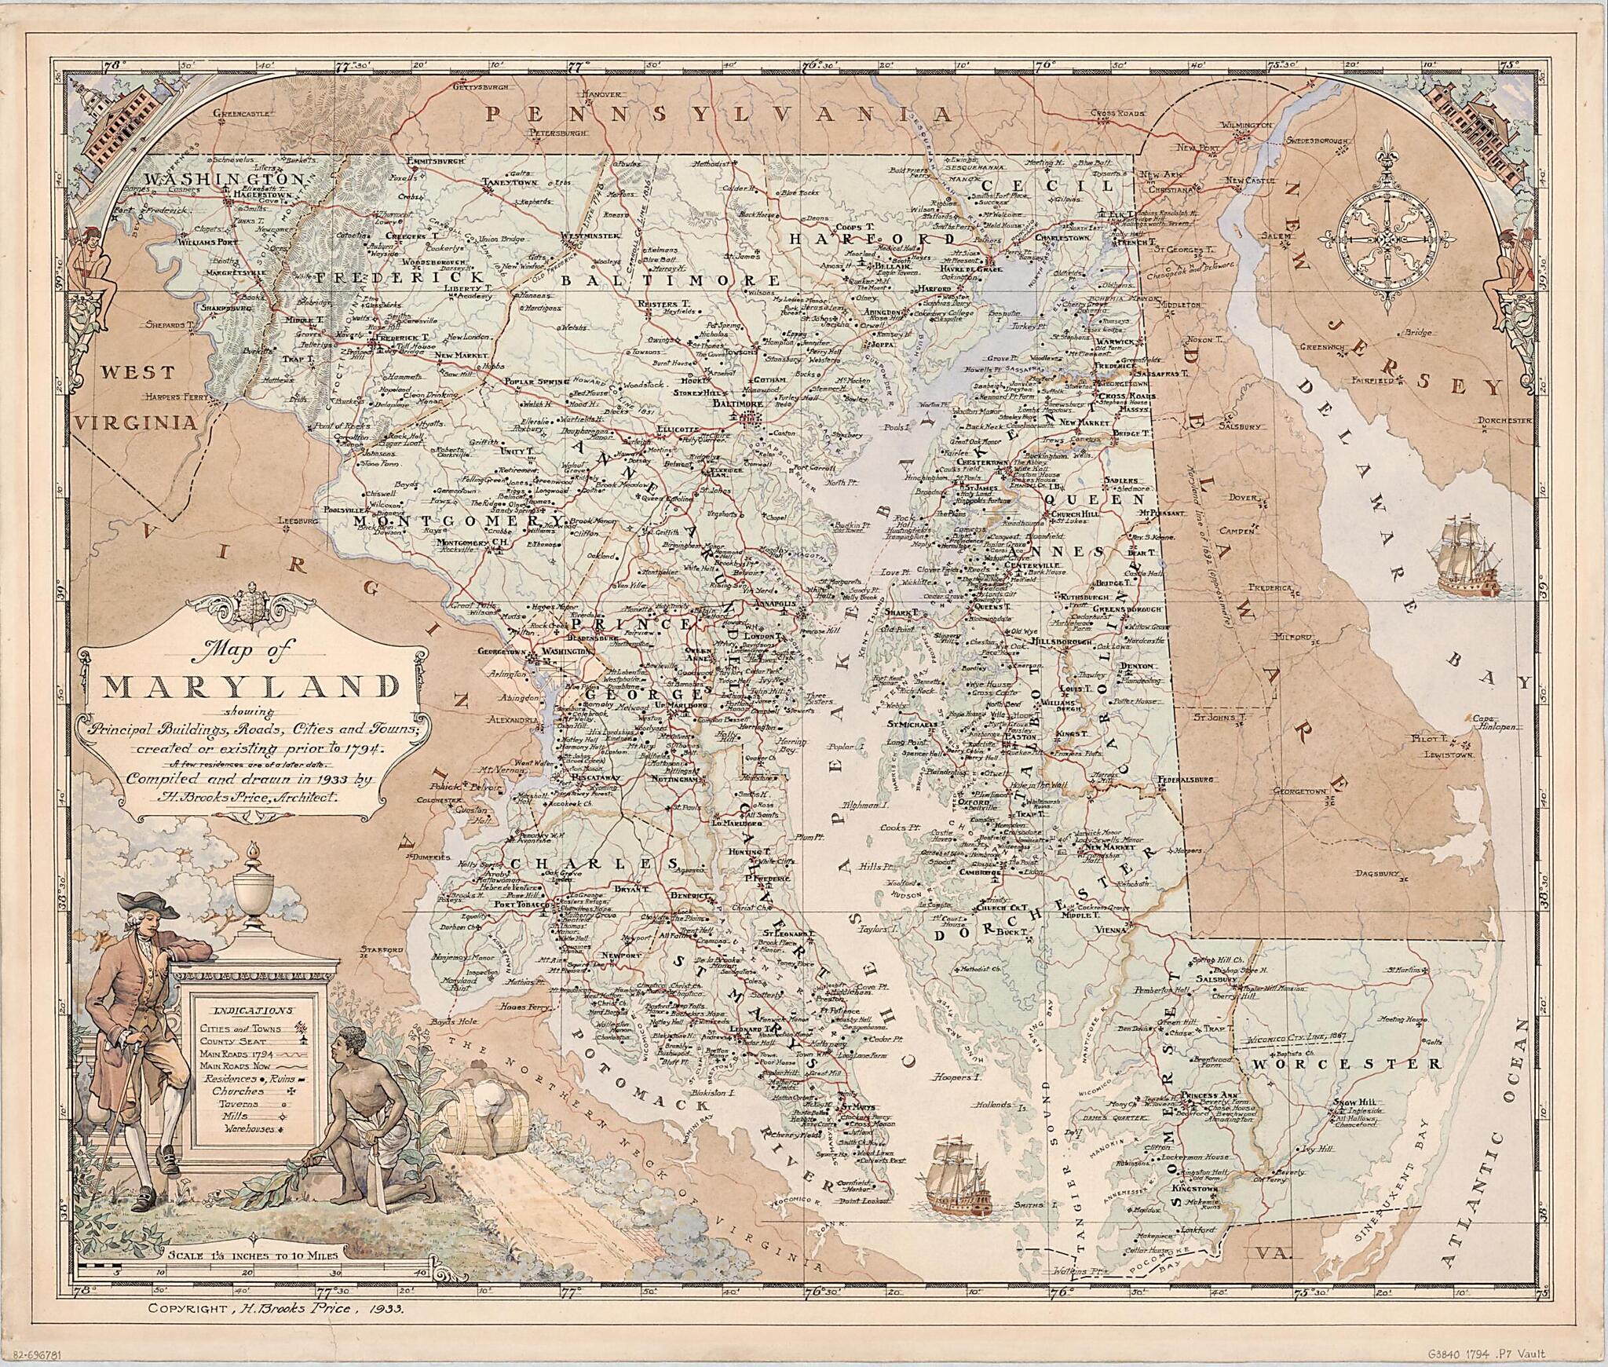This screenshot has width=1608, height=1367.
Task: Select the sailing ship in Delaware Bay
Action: coord(1466,564)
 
